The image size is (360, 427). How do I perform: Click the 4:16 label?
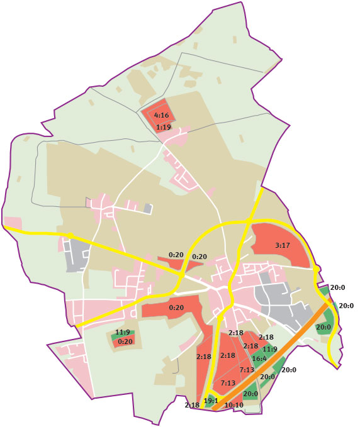[162, 116]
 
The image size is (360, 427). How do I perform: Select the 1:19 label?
[164, 128]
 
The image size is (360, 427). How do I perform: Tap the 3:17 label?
[283, 246]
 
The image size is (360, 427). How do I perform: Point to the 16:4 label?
[259, 358]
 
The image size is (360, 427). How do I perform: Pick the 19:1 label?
[211, 401]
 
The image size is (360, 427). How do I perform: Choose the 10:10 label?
[234, 406]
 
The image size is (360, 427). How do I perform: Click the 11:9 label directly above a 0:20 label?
[123, 332]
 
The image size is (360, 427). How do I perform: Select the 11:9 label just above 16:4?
[270, 349]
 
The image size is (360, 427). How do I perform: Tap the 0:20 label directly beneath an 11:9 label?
[126, 341]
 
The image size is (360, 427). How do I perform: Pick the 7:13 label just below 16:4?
[247, 370]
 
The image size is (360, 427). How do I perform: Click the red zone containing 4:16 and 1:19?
[155, 112]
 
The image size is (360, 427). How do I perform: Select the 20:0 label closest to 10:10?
[250, 394]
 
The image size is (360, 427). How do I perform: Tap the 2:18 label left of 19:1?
[192, 406]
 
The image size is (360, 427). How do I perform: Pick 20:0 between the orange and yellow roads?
[324, 328]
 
